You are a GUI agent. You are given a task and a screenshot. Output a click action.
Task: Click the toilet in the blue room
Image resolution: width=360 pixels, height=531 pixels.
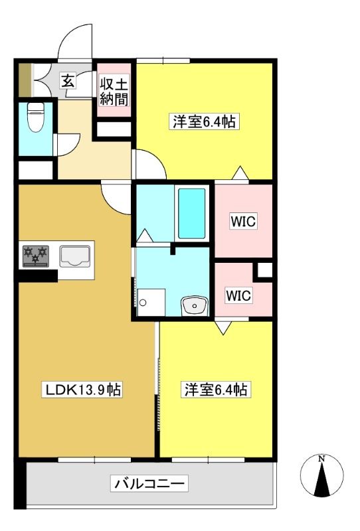point(35,117)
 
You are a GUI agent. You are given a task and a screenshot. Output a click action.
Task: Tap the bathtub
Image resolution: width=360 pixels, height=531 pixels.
point(192,213)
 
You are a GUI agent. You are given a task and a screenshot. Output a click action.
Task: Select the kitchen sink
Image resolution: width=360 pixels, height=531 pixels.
point(75,256)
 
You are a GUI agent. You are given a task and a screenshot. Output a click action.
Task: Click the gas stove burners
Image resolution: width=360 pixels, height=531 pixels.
point(36,256)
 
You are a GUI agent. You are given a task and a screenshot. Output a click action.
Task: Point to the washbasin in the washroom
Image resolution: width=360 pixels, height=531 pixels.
point(195,306)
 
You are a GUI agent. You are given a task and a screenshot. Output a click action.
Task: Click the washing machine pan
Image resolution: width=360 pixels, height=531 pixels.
point(151,303)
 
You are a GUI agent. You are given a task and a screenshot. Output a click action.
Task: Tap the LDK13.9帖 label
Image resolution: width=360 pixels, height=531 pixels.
point(82,390)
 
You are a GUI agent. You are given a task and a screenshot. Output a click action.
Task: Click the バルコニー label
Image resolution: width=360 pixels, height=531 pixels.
point(149,483)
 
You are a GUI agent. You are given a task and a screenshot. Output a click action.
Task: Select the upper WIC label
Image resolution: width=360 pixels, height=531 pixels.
point(243,222)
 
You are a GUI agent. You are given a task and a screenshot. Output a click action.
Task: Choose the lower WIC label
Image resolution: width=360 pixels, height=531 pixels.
point(238,295)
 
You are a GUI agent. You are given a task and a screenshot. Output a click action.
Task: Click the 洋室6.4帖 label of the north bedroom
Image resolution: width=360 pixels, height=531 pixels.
point(204,121)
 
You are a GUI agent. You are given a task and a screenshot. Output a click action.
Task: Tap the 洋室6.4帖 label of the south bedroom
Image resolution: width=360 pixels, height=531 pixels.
point(216,390)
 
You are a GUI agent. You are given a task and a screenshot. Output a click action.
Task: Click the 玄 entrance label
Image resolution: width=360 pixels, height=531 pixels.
point(68,81)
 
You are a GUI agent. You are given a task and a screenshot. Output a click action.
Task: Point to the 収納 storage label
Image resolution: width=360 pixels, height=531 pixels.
point(114,92)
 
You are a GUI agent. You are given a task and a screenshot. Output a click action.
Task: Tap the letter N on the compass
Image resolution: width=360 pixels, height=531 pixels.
point(321,459)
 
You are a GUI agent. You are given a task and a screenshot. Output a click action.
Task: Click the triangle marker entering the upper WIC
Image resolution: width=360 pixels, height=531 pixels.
point(240,173)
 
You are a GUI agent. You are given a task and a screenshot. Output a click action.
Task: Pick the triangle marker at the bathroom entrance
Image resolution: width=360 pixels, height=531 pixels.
point(145,236)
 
